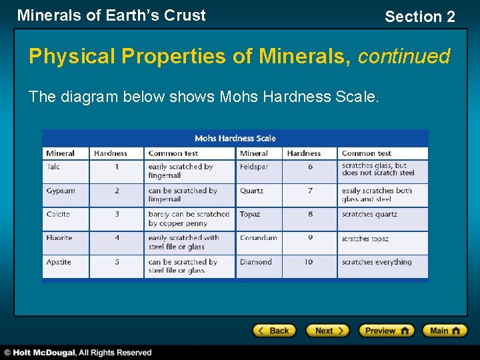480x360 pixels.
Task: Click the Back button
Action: [x=273, y=330]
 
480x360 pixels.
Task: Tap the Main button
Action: [x=445, y=330]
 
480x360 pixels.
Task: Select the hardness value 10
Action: [x=309, y=262]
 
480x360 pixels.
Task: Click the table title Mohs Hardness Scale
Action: [x=235, y=138]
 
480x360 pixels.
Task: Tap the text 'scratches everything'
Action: [x=377, y=262]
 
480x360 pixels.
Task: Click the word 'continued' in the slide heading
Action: [x=404, y=57]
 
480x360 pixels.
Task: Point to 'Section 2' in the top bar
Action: [x=420, y=17]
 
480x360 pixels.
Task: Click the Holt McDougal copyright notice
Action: [x=78, y=353]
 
